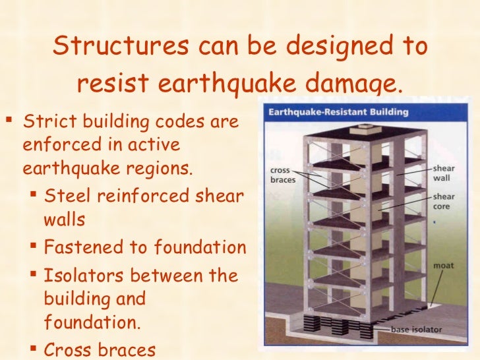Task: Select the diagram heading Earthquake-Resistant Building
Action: [x=338, y=112]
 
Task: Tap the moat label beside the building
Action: [x=442, y=266]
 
